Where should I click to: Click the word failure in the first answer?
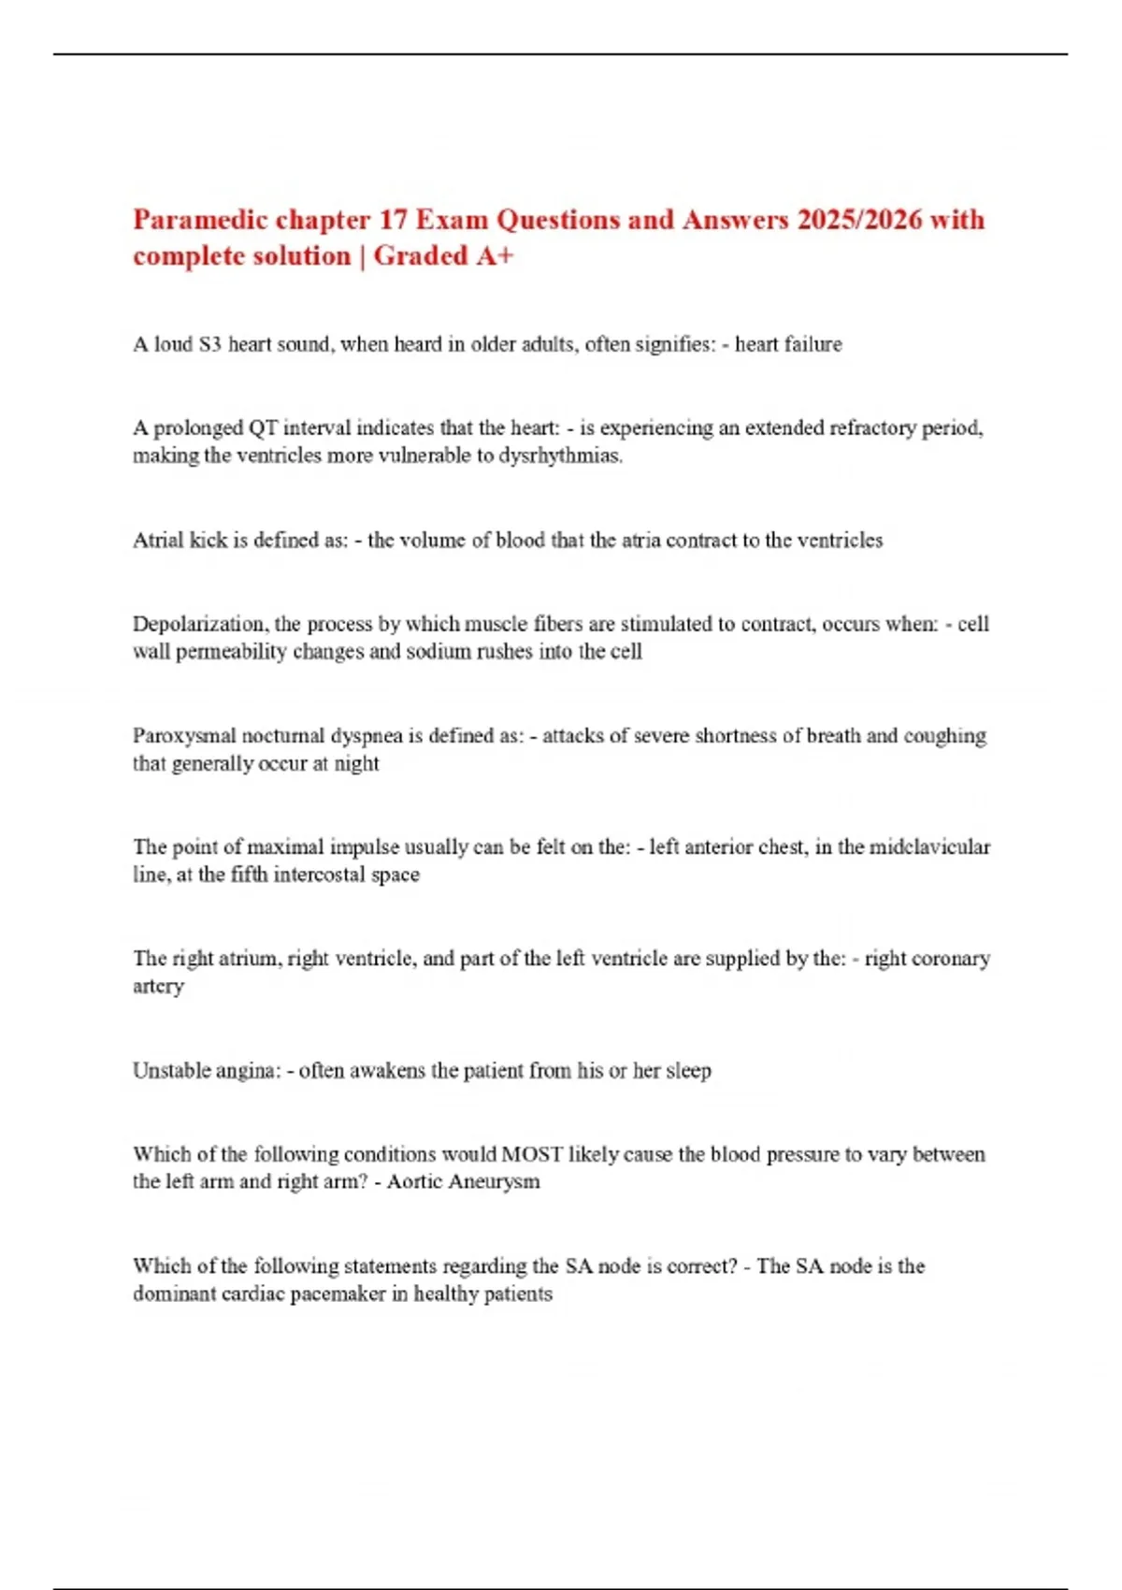(x=816, y=345)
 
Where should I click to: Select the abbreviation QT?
(x=263, y=428)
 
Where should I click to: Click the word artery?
(x=158, y=988)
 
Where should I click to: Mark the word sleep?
(x=688, y=1071)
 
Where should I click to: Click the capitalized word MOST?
(x=532, y=1155)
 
